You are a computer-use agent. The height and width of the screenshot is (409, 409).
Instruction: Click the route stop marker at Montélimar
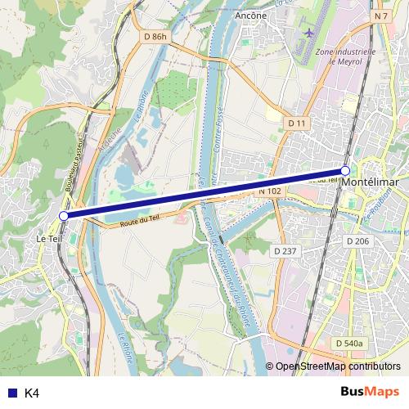(x=345, y=170)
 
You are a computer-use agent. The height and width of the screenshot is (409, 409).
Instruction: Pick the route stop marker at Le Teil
(x=64, y=215)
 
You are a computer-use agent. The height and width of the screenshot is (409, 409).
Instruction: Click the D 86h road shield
(x=154, y=36)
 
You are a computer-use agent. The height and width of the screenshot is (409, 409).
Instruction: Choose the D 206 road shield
(x=357, y=240)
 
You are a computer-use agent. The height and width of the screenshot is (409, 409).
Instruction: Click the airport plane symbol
(x=310, y=32)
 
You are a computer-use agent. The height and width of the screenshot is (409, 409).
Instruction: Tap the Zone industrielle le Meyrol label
(x=345, y=55)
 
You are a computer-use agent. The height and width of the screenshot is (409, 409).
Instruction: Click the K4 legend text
(x=32, y=393)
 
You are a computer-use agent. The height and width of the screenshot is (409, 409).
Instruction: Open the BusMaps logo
(x=370, y=393)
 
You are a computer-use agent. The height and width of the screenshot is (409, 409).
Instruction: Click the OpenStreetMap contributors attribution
(x=338, y=366)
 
